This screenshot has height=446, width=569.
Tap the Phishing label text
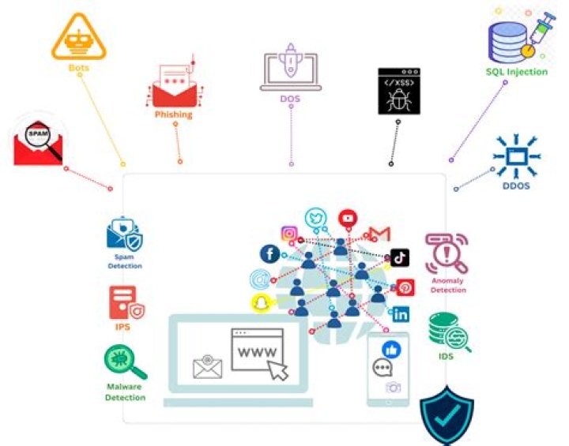pyautogui.click(x=173, y=114)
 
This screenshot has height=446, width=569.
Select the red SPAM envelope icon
pyautogui.click(x=38, y=143)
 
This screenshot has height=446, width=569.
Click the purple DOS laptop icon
pyautogui.click(x=289, y=71)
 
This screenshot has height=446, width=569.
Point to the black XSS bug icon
pyautogui.click(x=398, y=92)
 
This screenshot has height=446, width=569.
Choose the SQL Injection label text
pyautogui.click(x=516, y=72)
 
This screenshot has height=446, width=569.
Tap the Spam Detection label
pyautogui.click(x=125, y=261)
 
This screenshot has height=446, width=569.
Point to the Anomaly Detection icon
pyautogui.click(x=446, y=253)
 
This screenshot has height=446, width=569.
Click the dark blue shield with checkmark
pyautogui.click(x=447, y=415)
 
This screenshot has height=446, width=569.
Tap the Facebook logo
pyautogui.click(x=270, y=253)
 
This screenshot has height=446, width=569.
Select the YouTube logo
pyautogui.click(x=348, y=218)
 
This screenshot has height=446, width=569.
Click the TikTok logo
pyautogui.click(x=400, y=257)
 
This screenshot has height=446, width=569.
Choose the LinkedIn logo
pyautogui.click(x=401, y=314)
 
